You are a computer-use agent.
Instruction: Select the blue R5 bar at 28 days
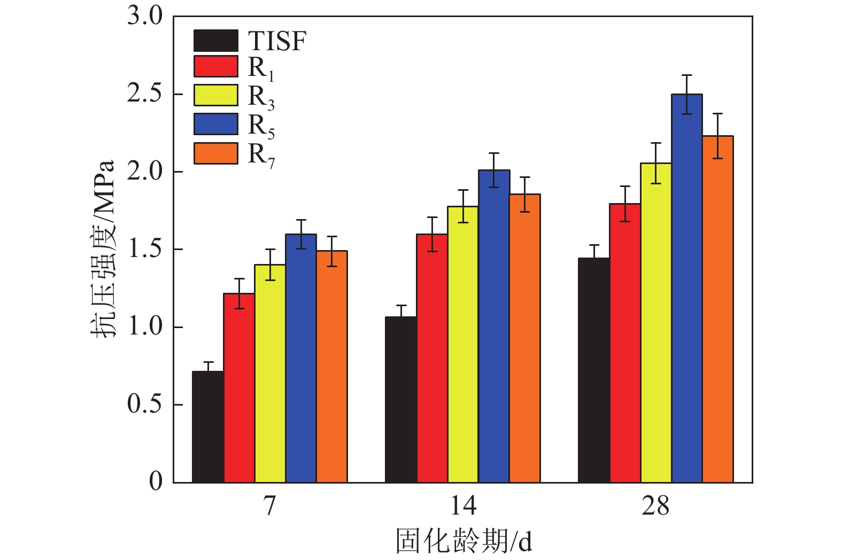pyautogui.click(x=687, y=289)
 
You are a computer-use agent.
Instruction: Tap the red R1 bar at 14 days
pyautogui.click(x=432, y=358)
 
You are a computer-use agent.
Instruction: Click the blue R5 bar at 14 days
pyautogui.click(x=494, y=326)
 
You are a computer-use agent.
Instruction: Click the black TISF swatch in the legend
pyautogui.click(x=215, y=41)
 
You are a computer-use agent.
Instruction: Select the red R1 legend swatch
pyautogui.click(x=215, y=66)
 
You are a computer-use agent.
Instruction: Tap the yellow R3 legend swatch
pyautogui.click(x=215, y=95)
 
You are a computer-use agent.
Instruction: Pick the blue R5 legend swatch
pyautogui.click(x=215, y=124)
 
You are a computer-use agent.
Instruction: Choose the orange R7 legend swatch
pyautogui.click(x=215, y=153)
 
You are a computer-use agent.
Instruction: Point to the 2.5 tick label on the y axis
pyautogui.click(x=144, y=94)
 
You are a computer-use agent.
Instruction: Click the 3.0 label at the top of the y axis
pyautogui.click(x=144, y=16)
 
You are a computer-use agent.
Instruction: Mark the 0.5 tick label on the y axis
pyautogui.click(x=144, y=405)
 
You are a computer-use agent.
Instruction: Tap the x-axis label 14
pyautogui.click(x=463, y=505)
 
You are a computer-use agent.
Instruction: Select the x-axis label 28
pyautogui.click(x=655, y=505)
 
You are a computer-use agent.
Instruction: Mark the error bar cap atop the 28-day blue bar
pyautogui.click(x=687, y=75)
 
